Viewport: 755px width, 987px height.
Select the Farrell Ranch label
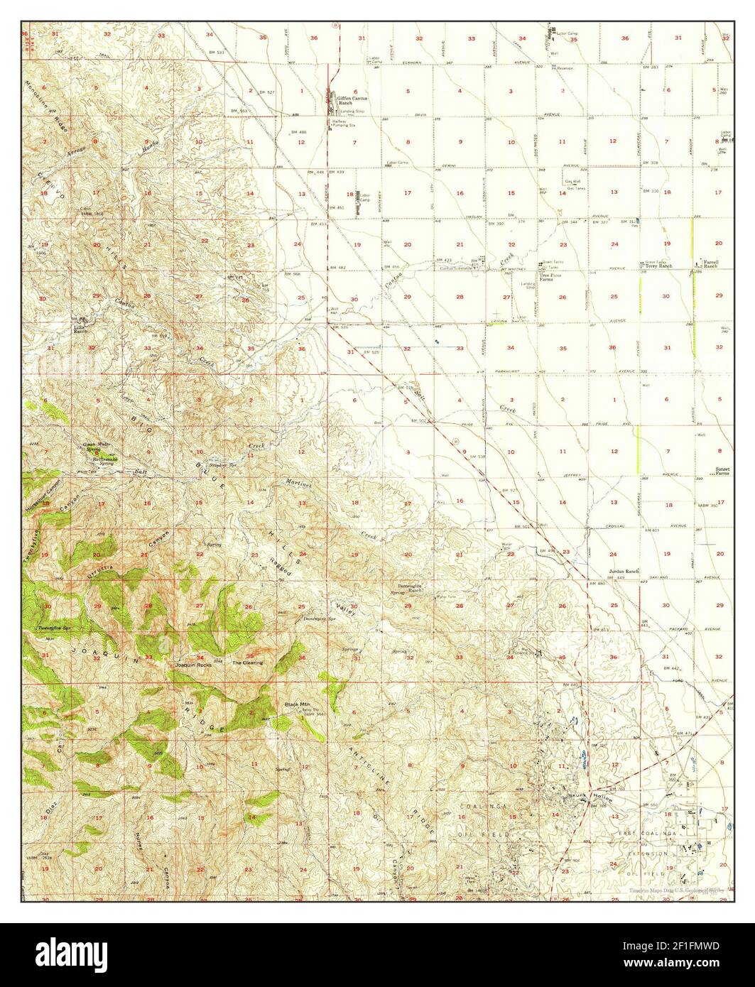[x=710, y=263]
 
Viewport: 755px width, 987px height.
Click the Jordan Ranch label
[x=624, y=572]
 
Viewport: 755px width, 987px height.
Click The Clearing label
[x=248, y=662]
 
